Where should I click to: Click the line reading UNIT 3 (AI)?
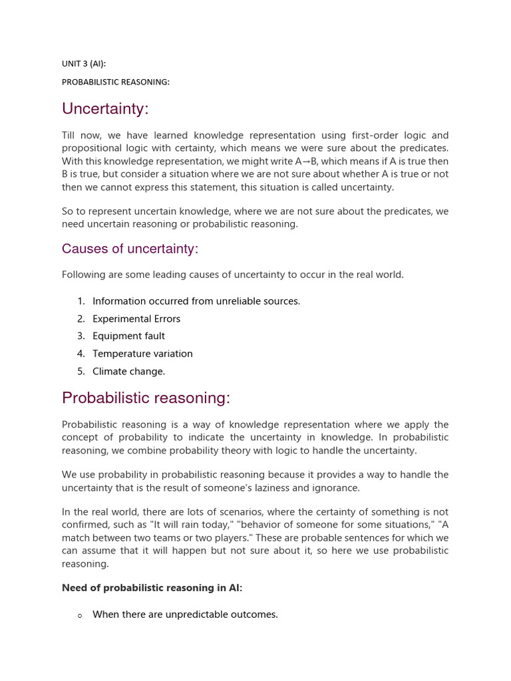coord(84,64)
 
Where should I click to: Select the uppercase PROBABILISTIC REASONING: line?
coord(116,82)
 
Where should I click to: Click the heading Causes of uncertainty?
coord(130,249)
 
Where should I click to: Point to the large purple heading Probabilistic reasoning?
coord(146,398)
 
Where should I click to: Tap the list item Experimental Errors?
coord(136,319)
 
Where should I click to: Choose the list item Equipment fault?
coord(128,336)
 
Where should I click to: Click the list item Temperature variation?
coord(142,354)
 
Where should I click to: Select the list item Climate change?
coord(128,371)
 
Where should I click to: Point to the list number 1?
coord(81,301)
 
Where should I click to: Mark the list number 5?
coord(81,371)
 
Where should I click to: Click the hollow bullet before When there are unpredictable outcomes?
coord(80,616)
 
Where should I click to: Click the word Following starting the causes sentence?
coord(84,275)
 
